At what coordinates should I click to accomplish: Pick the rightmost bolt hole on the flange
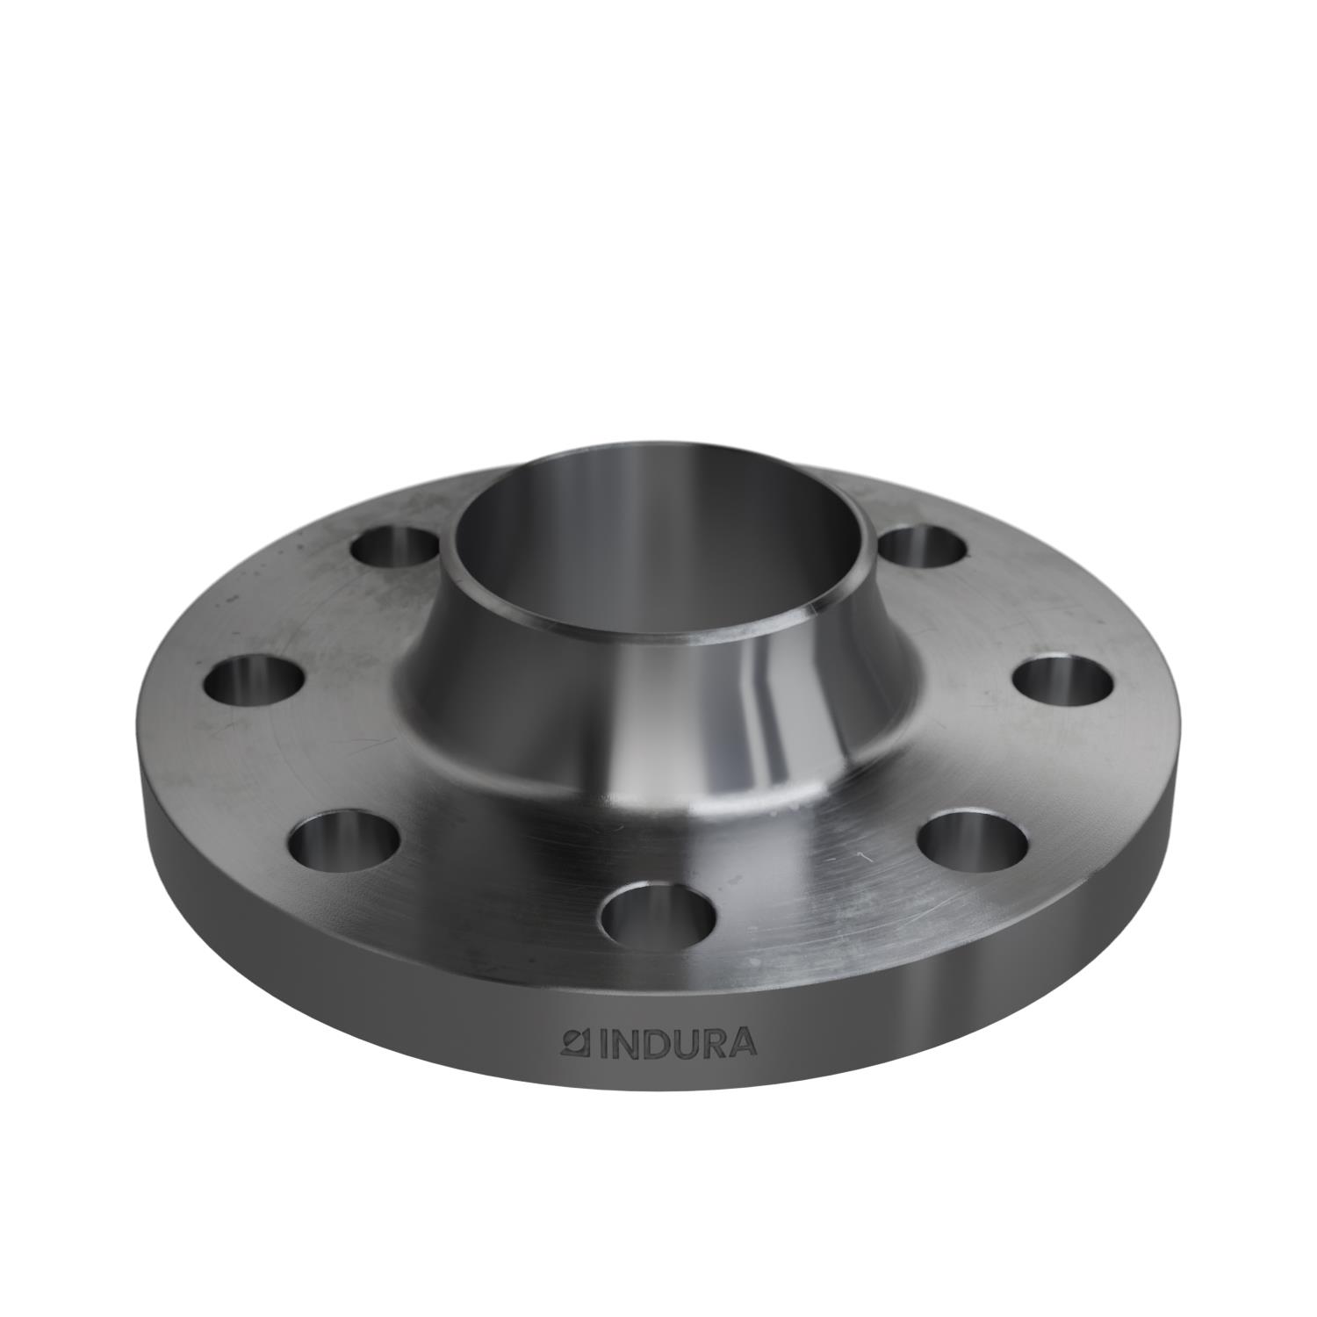tap(1062, 681)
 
